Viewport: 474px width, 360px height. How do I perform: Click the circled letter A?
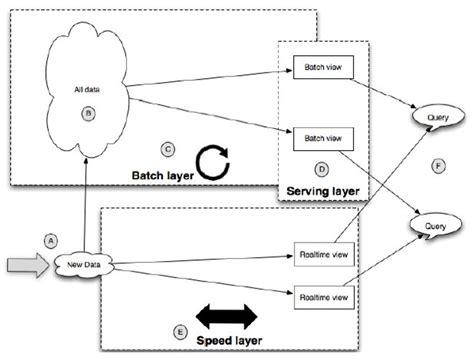pyautogui.click(x=46, y=239)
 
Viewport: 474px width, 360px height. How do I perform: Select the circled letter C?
pyautogui.click(x=168, y=149)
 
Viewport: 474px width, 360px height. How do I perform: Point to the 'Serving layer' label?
pyautogui.click(x=319, y=187)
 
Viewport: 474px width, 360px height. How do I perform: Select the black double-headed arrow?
pyautogui.click(x=228, y=315)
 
